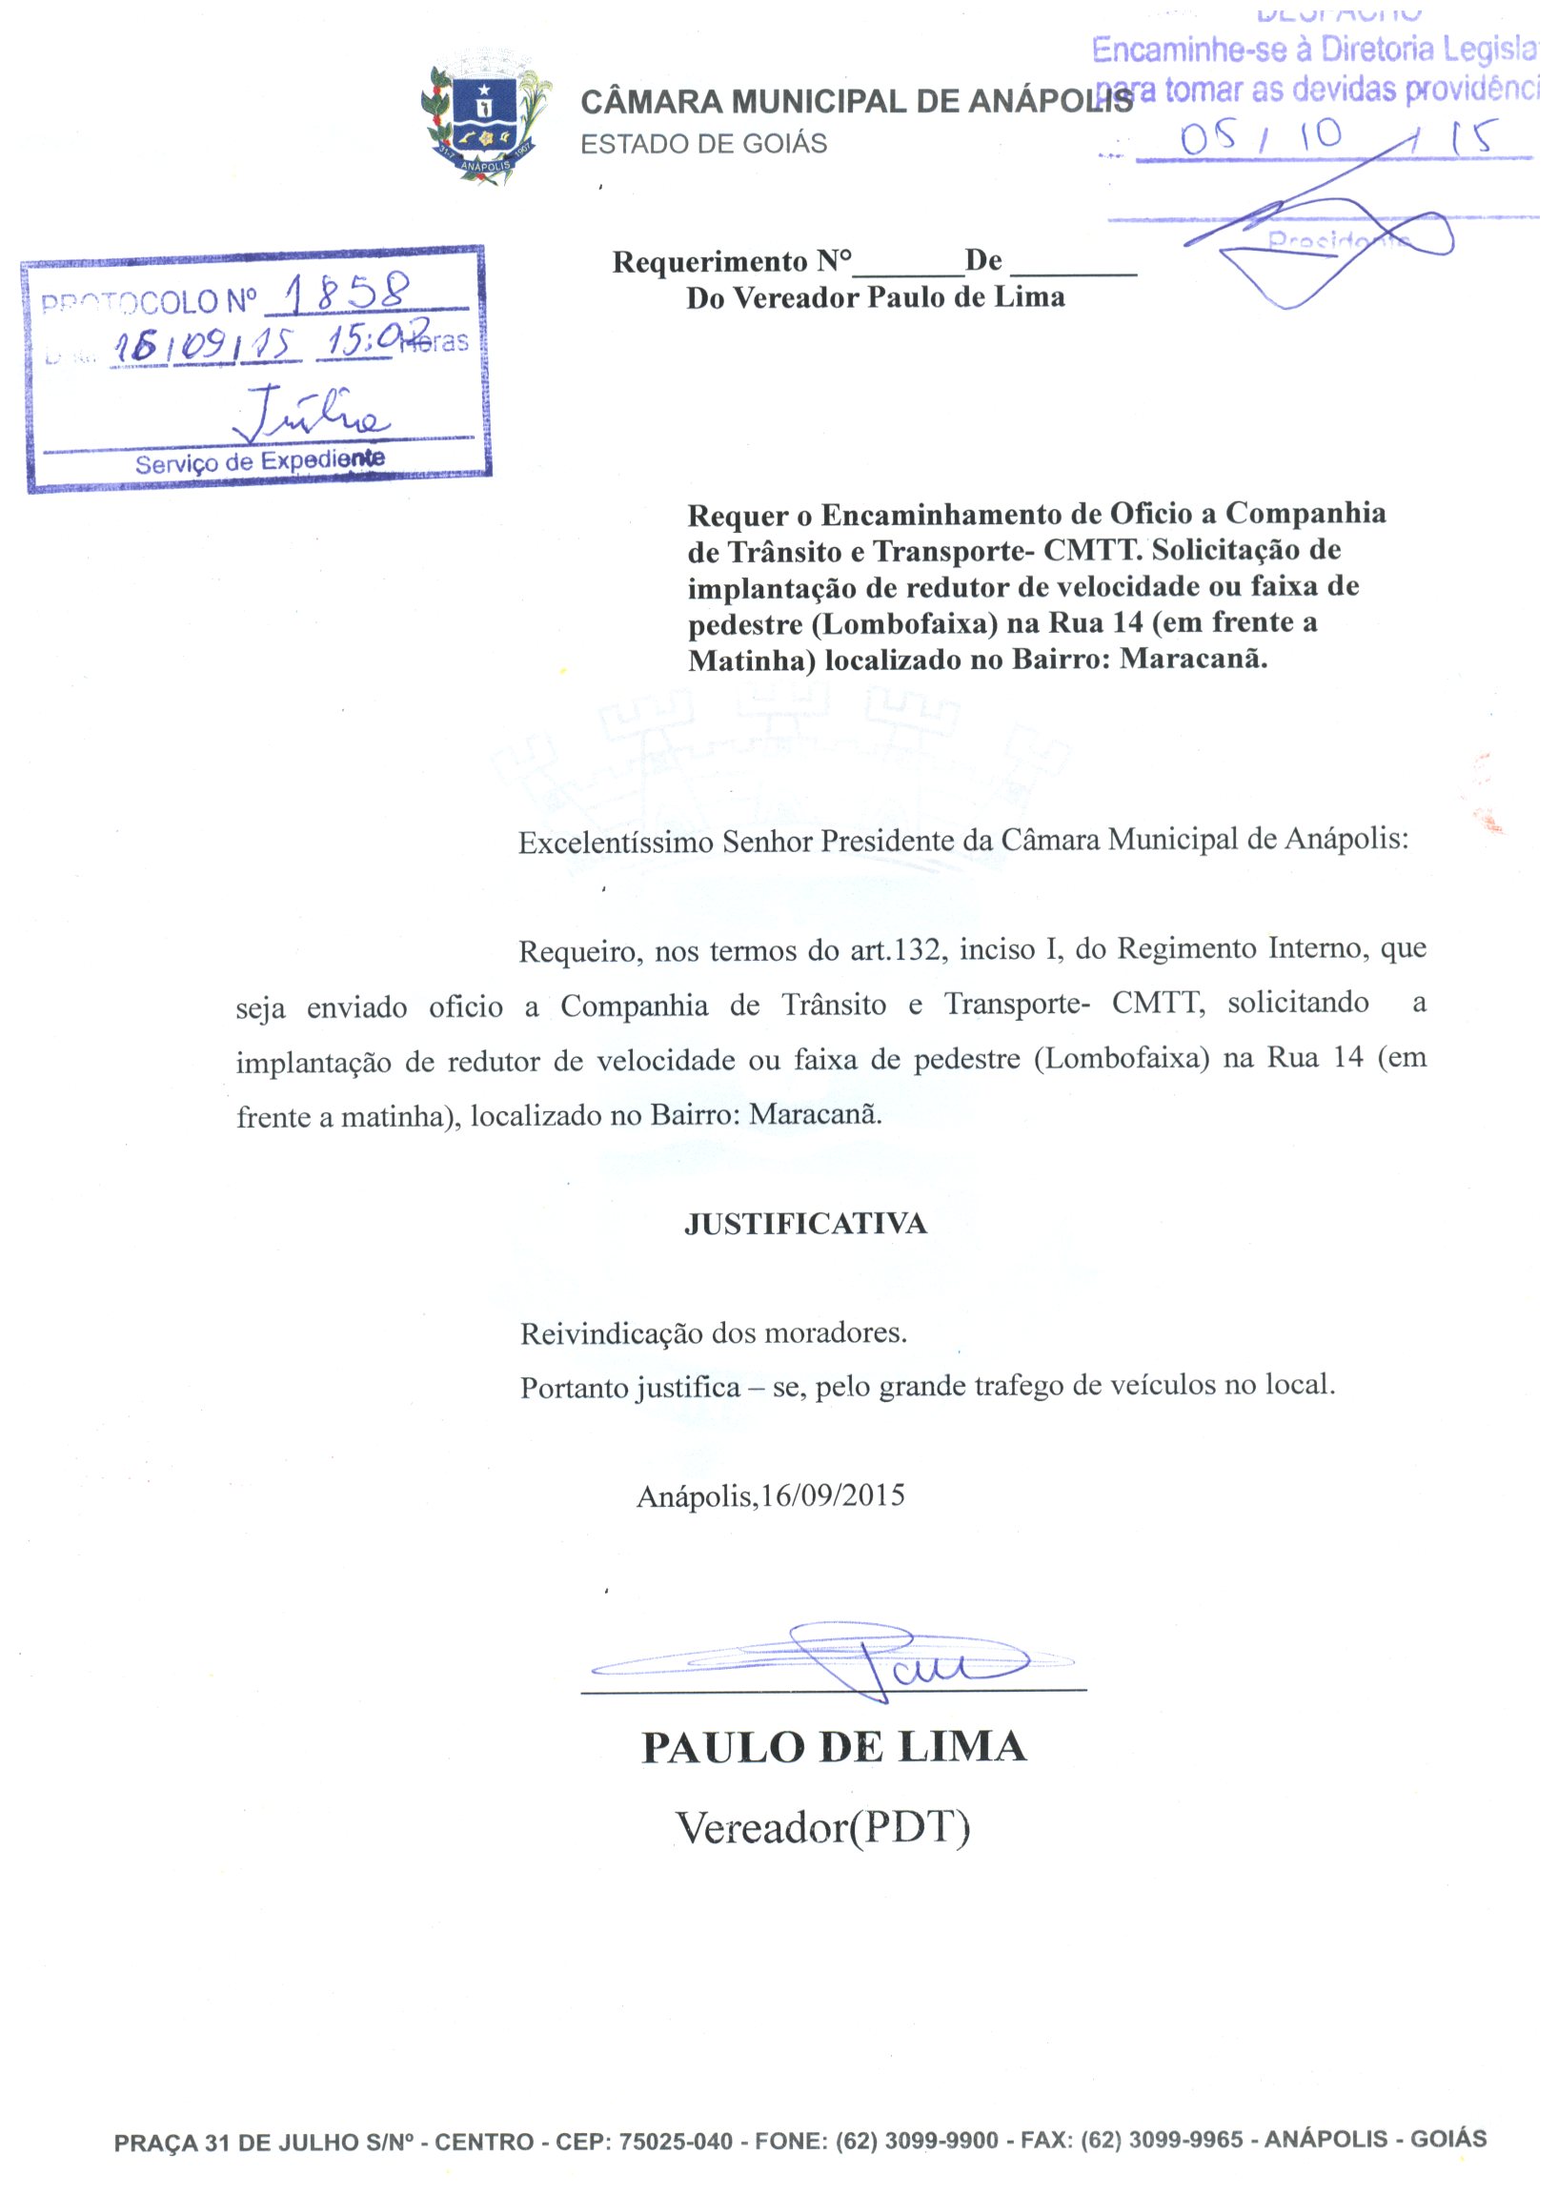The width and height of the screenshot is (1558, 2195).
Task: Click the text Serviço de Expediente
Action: [260, 462]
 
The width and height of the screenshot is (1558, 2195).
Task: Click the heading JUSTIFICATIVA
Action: [805, 1223]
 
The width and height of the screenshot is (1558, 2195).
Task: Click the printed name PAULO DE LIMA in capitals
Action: [834, 1748]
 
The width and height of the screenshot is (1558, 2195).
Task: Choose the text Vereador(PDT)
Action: [823, 1828]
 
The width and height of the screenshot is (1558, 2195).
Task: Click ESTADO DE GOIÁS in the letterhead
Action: [703, 144]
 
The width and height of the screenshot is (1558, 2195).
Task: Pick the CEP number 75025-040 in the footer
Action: [676, 2142]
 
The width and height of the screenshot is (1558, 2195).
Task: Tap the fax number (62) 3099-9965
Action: [1161, 2141]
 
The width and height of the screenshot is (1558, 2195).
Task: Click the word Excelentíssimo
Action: [616, 843]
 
